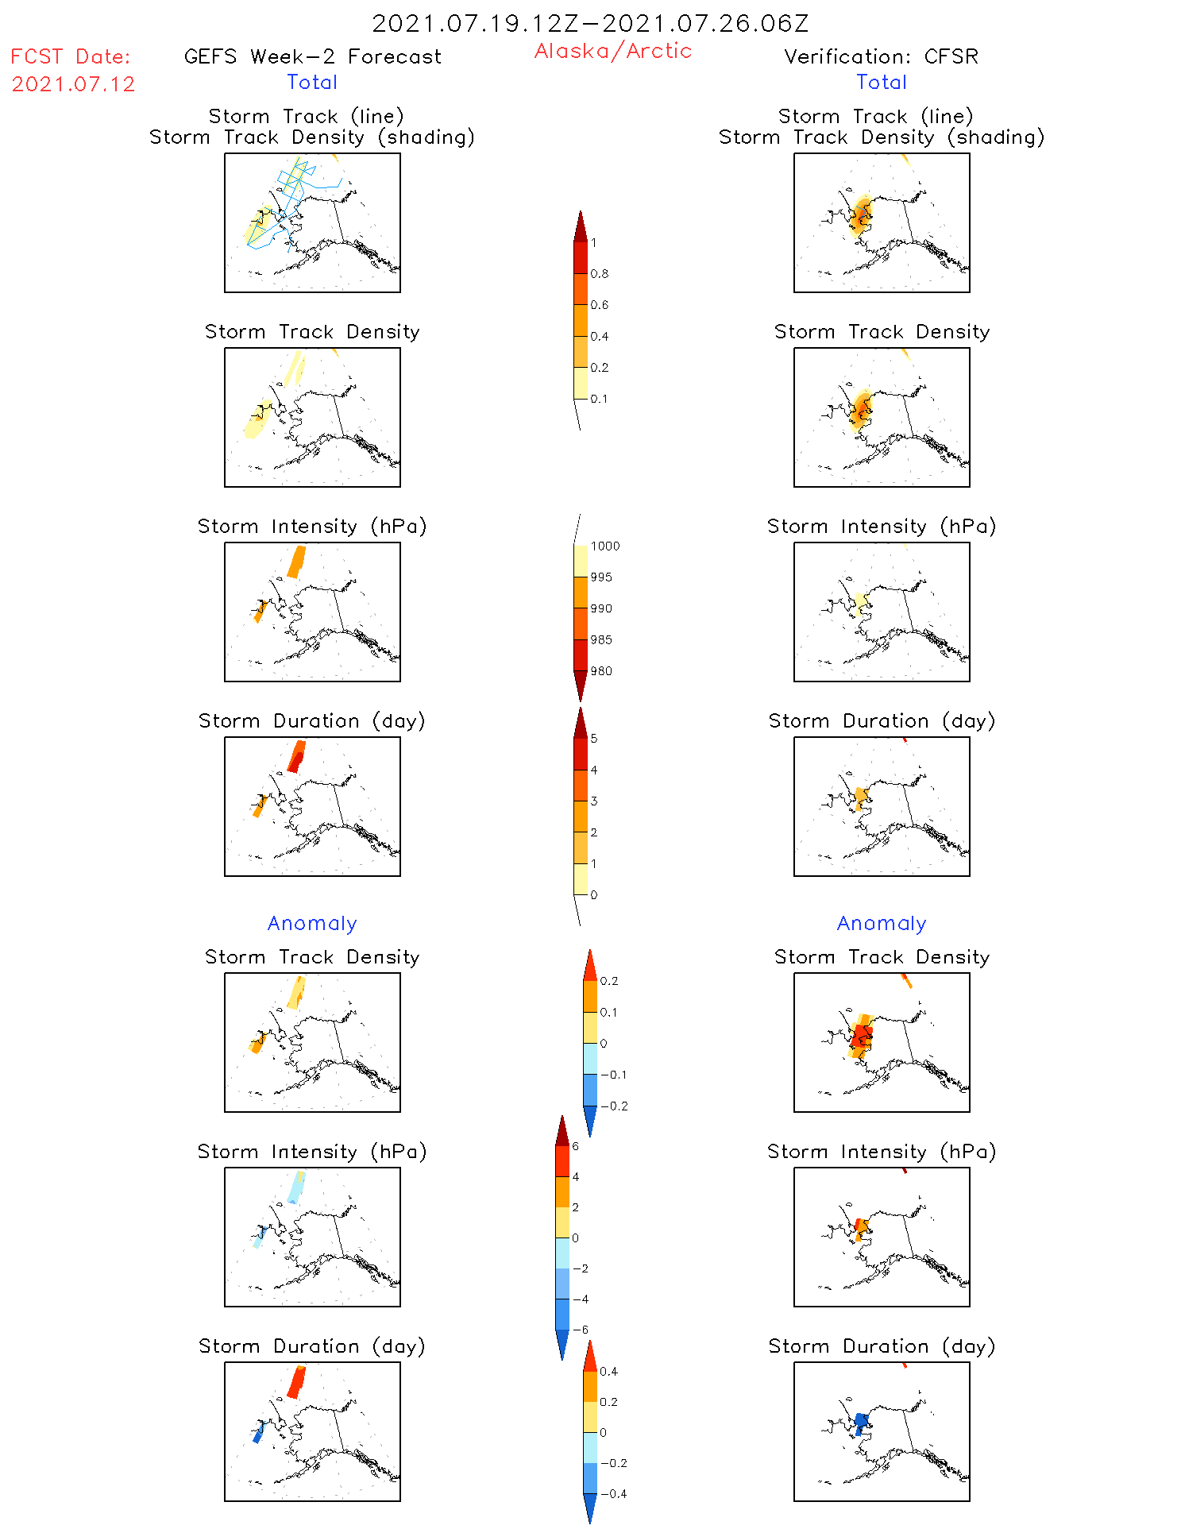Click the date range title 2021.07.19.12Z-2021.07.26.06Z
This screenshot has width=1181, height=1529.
[x=590, y=24]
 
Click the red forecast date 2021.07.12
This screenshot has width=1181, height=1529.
[x=73, y=84]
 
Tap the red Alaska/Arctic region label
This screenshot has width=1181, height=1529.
[x=612, y=51]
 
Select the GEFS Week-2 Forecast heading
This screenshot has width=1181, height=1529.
[x=312, y=57]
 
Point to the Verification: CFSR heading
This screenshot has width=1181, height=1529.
[x=881, y=57]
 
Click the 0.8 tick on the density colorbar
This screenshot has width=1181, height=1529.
[x=600, y=274]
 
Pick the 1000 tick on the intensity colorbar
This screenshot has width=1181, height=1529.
[x=604, y=546]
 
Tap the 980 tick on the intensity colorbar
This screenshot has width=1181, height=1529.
[x=601, y=671]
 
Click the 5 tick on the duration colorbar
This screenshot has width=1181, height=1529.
[x=594, y=739]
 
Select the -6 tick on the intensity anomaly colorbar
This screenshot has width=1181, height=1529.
[x=581, y=1330]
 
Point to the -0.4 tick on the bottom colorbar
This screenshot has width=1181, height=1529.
[x=613, y=1494]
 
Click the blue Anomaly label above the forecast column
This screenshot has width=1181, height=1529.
[x=312, y=924]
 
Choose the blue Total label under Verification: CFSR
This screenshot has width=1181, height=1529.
[x=881, y=83]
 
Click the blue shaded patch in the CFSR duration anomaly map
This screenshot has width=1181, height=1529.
[x=860, y=1423]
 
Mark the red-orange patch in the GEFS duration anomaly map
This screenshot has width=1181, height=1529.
[x=297, y=1381]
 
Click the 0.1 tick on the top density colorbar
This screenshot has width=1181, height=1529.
[x=599, y=399]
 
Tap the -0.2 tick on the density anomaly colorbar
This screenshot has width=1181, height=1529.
[x=614, y=1106]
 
